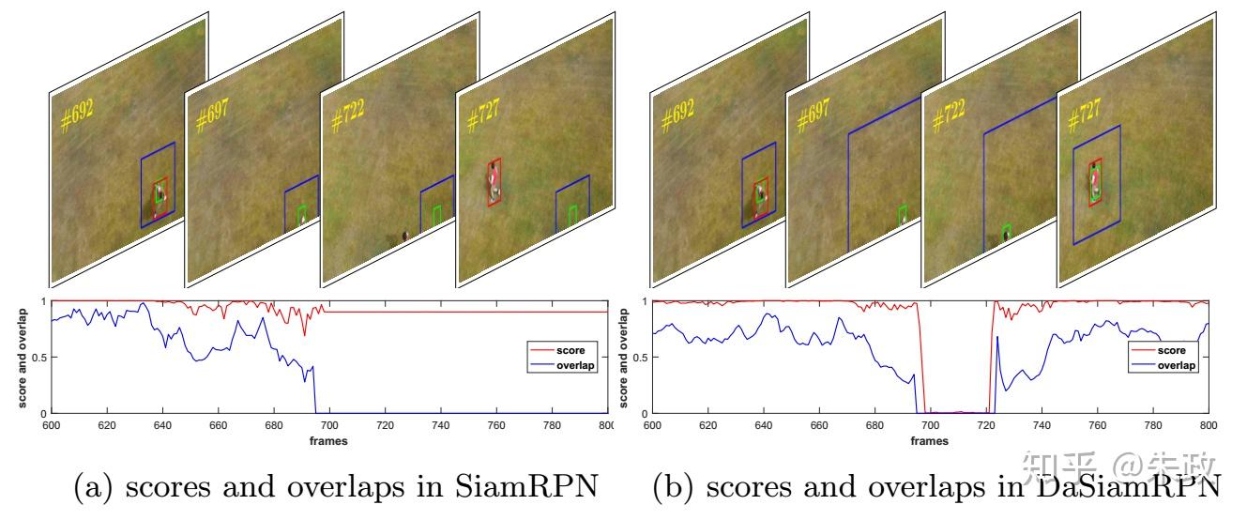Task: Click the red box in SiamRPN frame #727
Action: coord(494,183)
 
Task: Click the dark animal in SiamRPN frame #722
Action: coord(404,235)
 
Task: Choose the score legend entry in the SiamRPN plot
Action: coord(570,351)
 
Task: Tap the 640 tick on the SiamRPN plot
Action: coord(162,424)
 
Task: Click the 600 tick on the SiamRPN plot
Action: coord(52,424)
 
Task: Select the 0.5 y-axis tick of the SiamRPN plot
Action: coord(38,358)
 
